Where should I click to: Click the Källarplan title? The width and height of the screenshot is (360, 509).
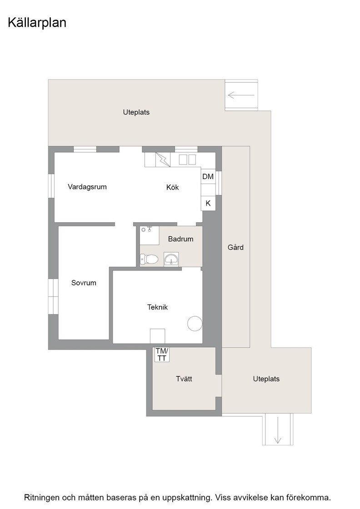click(x=37, y=23)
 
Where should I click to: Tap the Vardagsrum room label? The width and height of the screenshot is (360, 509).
click(x=87, y=187)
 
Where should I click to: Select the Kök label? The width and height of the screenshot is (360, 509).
click(x=172, y=187)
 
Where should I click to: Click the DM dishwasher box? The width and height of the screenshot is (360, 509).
click(x=208, y=176)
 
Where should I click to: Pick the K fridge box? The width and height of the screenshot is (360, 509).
click(x=208, y=203)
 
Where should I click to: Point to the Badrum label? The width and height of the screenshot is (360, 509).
click(x=180, y=239)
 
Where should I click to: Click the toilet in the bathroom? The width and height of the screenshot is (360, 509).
click(x=149, y=259)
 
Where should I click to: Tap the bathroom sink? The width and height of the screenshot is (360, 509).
click(x=171, y=259)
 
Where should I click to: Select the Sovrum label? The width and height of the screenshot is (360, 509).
click(x=84, y=283)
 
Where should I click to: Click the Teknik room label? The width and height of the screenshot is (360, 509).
click(x=157, y=307)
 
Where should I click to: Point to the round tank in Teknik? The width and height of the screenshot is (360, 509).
click(x=195, y=324)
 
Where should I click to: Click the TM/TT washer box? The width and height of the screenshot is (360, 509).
click(x=162, y=354)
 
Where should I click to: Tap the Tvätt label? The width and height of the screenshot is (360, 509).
click(x=184, y=379)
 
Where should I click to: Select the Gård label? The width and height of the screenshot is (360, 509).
click(x=235, y=247)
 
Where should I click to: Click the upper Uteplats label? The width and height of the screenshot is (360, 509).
click(x=136, y=112)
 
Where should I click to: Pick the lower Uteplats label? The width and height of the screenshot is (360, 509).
click(x=266, y=379)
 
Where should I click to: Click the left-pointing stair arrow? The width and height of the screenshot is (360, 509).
click(x=241, y=95)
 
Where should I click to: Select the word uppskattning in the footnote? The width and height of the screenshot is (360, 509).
click(x=185, y=498)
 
